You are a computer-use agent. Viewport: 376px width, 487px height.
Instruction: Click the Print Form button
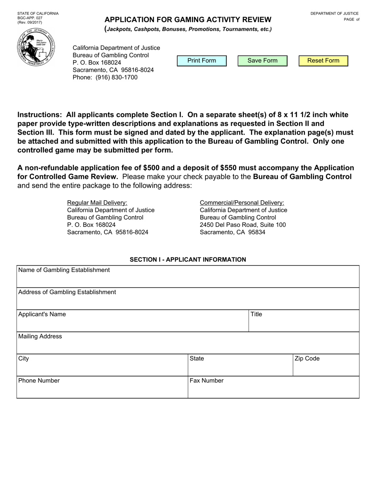(202, 61)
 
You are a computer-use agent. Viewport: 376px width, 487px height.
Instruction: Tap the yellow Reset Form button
(323, 61)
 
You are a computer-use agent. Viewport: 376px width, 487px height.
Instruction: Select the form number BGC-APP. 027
(30, 18)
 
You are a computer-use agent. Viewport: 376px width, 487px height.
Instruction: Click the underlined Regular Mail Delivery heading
(97, 202)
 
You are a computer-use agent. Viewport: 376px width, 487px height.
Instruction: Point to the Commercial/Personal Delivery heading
(242, 202)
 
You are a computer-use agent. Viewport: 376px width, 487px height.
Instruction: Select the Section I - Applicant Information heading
(188, 259)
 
